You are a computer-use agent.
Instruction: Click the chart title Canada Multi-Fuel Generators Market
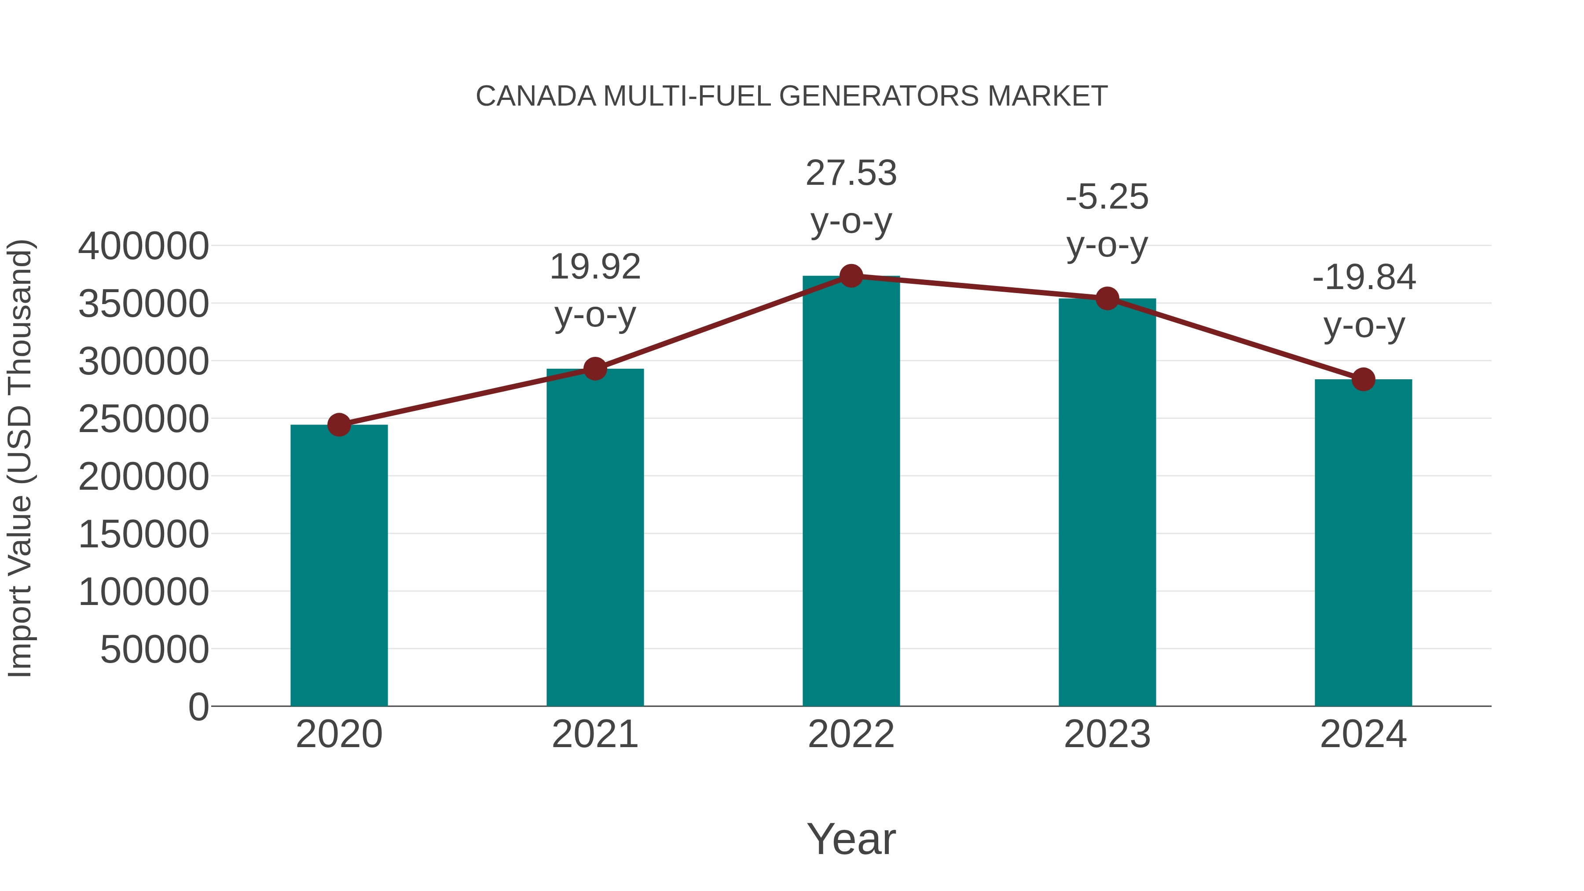tap(792, 96)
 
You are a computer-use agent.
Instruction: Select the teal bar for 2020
tap(339, 566)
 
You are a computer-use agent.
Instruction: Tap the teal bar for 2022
tap(851, 492)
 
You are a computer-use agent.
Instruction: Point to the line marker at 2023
tap(1107, 299)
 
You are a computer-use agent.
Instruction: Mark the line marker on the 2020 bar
tap(339, 425)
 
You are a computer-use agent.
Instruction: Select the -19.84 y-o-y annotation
tap(1364, 301)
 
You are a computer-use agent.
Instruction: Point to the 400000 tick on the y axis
tap(144, 246)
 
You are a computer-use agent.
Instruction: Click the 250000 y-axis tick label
tap(144, 419)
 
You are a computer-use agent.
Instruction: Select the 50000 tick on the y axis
tap(155, 650)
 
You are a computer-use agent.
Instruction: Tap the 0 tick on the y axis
tap(198, 707)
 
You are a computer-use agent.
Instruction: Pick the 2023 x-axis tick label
tap(1107, 734)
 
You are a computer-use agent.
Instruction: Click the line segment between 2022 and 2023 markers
tap(979, 288)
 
